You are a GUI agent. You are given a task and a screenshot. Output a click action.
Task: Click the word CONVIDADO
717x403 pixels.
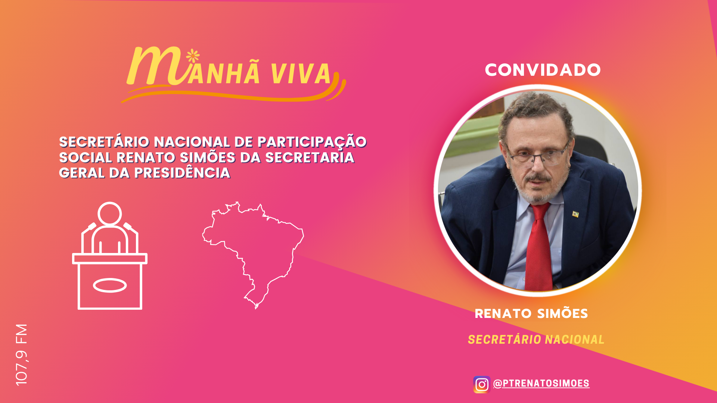point(543,70)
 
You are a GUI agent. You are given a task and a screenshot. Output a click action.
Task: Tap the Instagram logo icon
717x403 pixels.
point(482,384)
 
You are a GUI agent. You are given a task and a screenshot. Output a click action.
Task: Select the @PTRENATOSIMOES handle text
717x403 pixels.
point(541,384)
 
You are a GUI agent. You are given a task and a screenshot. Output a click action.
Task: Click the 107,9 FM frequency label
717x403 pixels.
point(22,354)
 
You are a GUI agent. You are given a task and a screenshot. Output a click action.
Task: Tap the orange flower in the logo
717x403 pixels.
point(193,56)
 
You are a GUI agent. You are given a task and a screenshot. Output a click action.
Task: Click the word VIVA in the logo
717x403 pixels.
point(301,74)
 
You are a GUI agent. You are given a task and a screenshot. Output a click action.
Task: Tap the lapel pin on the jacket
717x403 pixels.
point(575,214)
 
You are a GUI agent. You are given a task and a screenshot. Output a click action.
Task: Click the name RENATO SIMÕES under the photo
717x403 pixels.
point(531,313)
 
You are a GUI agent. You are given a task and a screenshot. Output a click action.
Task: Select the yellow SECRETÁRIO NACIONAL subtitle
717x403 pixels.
point(536,340)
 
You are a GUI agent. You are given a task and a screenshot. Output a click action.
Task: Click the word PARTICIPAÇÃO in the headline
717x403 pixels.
point(312,142)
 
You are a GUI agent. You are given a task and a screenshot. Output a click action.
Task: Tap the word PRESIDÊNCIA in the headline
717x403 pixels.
point(182,173)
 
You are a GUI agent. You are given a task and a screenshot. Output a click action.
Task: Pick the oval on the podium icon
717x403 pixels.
point(110,285)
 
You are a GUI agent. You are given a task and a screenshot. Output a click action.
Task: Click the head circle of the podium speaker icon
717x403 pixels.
point(110,214)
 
